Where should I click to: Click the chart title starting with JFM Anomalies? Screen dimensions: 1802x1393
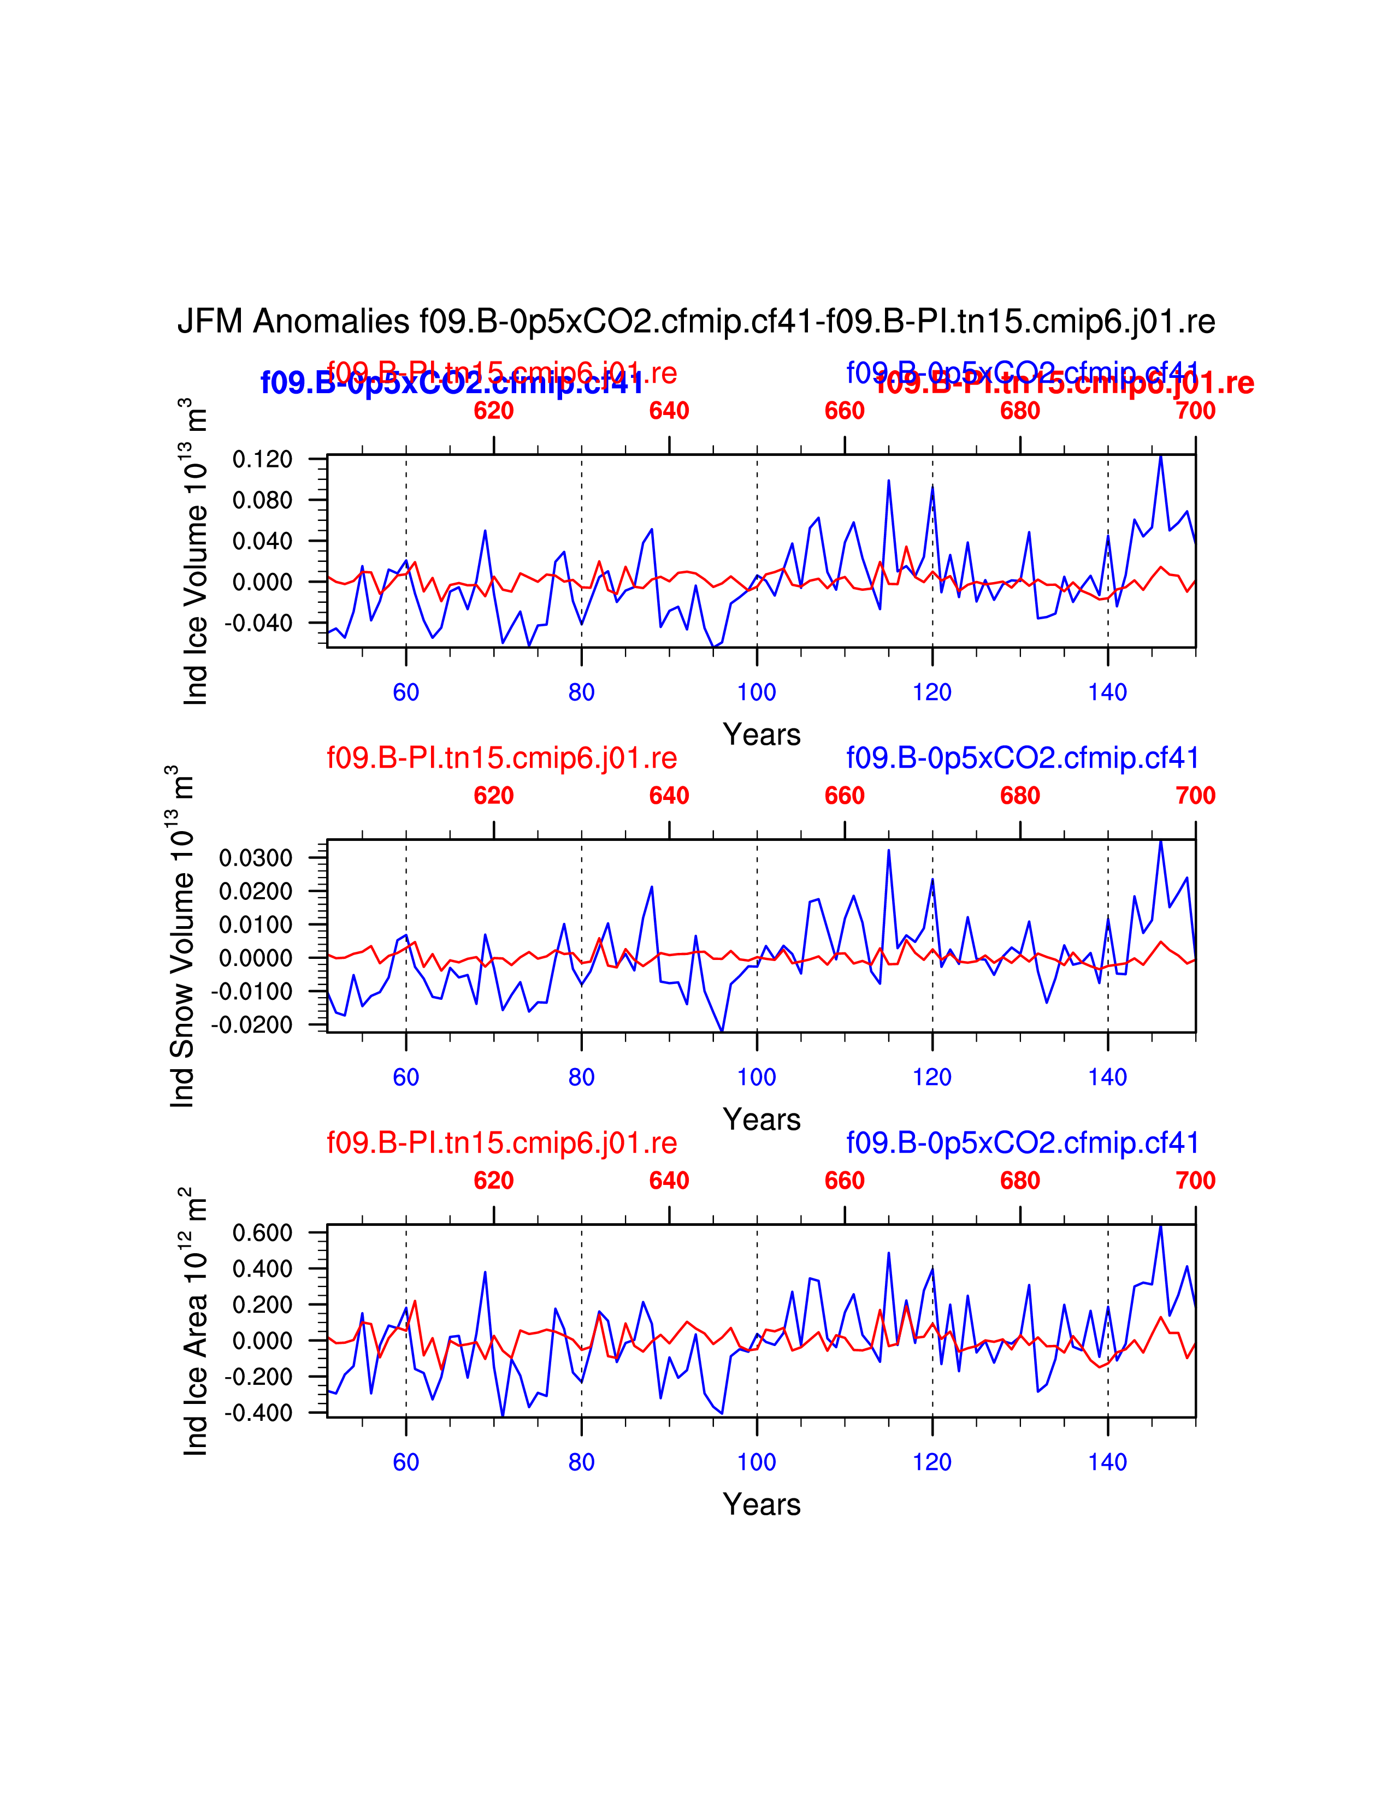point(695,322)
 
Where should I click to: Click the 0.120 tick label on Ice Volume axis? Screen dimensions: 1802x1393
point(262,460)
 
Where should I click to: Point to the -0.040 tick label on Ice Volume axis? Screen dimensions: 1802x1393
point(258,624)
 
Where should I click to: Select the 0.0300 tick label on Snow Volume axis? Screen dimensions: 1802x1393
point(256,858)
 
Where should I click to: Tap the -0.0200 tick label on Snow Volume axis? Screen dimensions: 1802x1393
point(252,1025)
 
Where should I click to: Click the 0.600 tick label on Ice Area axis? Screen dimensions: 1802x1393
point(262,1234)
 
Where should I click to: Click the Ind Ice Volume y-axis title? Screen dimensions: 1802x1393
point(196,552)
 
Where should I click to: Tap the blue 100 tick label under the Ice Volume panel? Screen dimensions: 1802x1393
point(757,692)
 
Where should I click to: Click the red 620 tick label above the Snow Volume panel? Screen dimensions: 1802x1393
point(493,796)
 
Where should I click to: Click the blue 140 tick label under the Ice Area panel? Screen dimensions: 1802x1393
point(1107,1462)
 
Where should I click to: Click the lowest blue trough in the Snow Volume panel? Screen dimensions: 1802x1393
point(722,1030)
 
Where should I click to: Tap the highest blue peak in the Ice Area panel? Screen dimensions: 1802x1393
point(1160,1226)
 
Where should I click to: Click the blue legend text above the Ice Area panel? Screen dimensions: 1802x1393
point(1023,1143)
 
